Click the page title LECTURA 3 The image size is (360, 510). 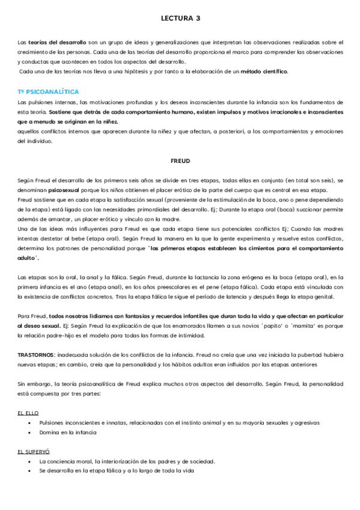click(x=181, y=19)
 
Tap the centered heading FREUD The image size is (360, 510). click(x=181, y=161)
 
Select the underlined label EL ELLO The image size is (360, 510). click(x=29, y=413)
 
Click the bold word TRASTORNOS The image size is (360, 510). click(x=37, y=355)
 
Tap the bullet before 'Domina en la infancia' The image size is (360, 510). click(x=30, y=432)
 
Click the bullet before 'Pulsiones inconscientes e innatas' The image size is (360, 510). click(x=30, y=423)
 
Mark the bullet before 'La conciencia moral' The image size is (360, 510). click(x=30, y=461)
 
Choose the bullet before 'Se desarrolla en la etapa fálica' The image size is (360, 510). click(x=30, y=471)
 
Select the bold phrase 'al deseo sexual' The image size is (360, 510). click(x=38, y=326)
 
